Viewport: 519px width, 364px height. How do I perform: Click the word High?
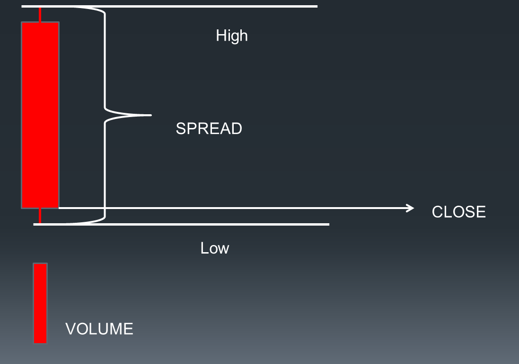click(x=231, y=36)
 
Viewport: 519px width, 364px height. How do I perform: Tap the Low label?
click(x=214, y=248)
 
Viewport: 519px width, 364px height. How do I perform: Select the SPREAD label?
click(x=209, y=128)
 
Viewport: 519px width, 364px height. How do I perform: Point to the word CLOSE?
click(x=458, y=212)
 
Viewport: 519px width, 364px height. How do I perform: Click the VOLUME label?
click(x=99, y=329)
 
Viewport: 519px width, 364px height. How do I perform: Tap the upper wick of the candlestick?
click(x=40, y=15)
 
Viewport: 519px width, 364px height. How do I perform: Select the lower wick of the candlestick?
click(x=40, y=216)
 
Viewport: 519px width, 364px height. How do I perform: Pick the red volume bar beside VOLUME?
click(x=40, y=303)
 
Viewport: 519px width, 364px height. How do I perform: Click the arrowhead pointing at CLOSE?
click(x=410, y=208)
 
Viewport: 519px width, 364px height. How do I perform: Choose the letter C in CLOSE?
click(x=437, y=212)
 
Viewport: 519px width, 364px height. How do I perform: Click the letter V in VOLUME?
click(x=70, y=329)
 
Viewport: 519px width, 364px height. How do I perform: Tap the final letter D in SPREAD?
click(x=237, y=128)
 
